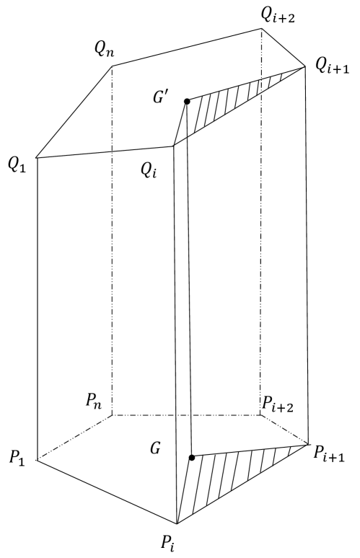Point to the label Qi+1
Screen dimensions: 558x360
pyautogui.click(x=334, y=66)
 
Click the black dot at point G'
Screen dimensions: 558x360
pyautogui.click(x=187, y=102)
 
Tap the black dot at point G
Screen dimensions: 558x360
pyautogui.click(x=191, y=457)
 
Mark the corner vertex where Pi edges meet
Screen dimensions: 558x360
pyautogui.click(x=177, y=523)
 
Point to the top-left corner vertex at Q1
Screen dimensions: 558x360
pyautogui.click(x=36, y=158)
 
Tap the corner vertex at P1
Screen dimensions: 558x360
pyautogui.click(x=36, y=459)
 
